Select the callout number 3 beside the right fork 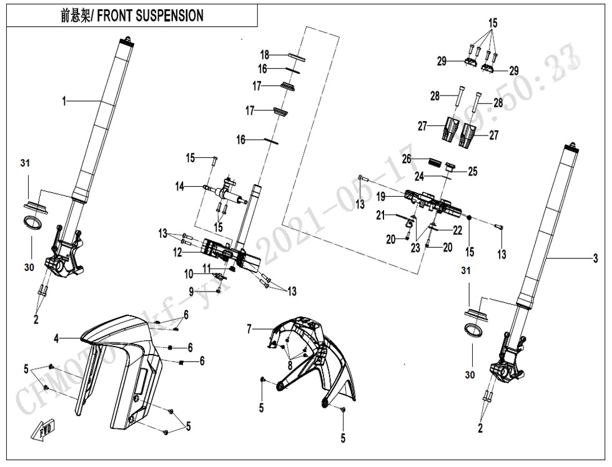[x=595, y=257]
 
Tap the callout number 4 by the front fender [x=56, y=339]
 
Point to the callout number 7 [x=249, y=328]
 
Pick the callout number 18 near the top [x=265, y=55]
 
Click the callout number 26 [x=407, y=159]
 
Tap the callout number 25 [x=472, y=171]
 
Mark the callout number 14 [x=179, y=185]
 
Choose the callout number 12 [x=178, y=252]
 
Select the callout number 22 [x=458, y=231]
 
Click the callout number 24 [x=420, y=177]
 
